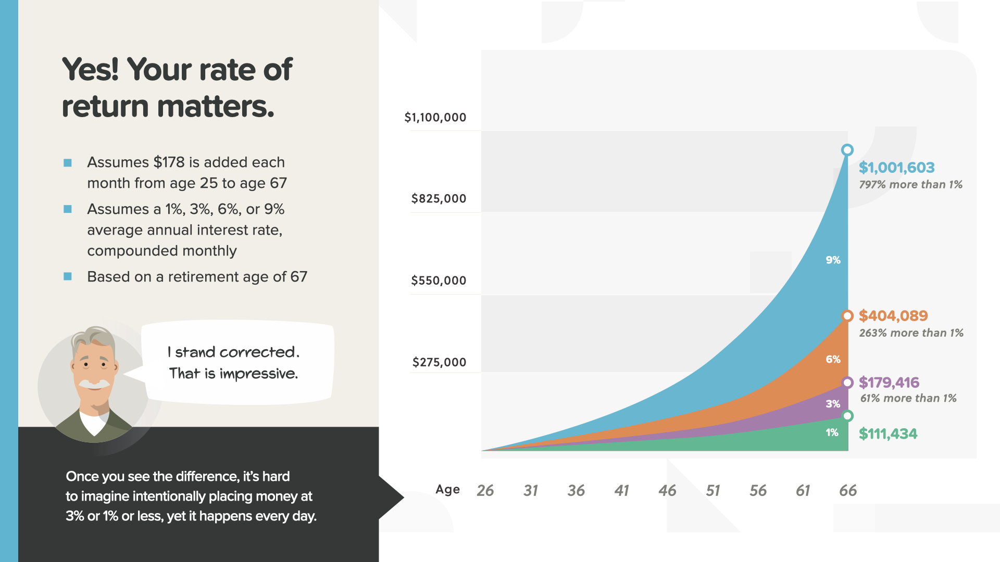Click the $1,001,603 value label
[896, 168]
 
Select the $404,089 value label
[893, 316]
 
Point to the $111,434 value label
[888, 433]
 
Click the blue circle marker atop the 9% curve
[847, 150]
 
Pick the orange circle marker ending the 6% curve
[847, 316]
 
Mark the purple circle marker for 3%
[847, 382]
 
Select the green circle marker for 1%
[847, 416]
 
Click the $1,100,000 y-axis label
[435, 118]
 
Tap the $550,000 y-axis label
[439, 281]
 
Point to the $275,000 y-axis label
[439, 363]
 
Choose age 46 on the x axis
[667, 490]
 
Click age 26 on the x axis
[485, 490]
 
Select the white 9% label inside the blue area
[833, 260]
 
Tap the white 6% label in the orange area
[833, 359]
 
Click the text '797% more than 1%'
[910, 185]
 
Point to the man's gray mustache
[94, 384]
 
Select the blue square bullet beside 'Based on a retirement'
[68, 276]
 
